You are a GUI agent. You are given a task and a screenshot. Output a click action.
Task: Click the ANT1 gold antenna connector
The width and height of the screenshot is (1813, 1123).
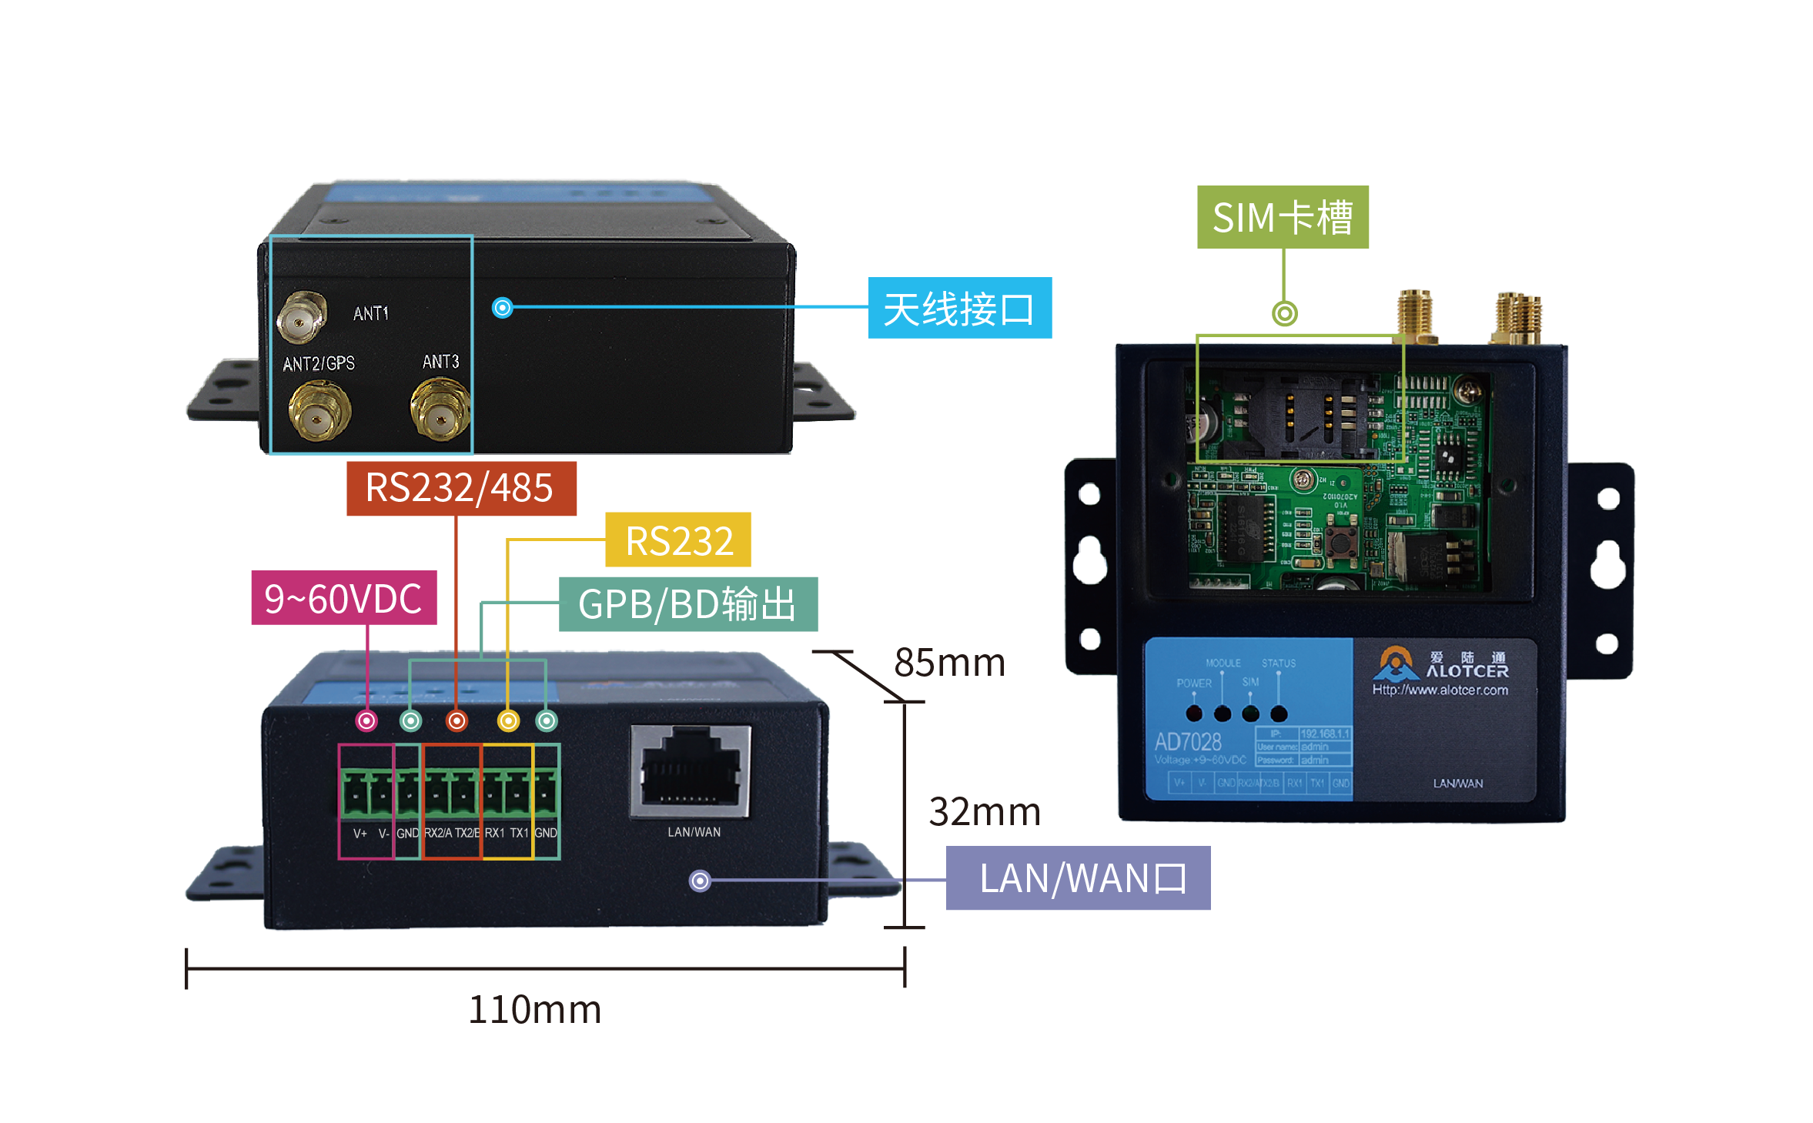click(x=301, y=316)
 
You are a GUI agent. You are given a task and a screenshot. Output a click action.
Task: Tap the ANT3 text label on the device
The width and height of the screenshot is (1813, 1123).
click(x=440, y=362)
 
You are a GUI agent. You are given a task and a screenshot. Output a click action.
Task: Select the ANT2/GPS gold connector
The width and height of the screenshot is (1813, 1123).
click(x=319, y=413)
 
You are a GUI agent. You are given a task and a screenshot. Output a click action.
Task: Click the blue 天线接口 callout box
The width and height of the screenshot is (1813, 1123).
click(x=959, y=309)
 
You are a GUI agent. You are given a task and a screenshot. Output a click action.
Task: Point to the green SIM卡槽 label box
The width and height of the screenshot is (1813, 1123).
click(x=1282, y=217)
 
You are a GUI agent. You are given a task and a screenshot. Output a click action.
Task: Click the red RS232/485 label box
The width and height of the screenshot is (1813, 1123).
click(x=460, y=488)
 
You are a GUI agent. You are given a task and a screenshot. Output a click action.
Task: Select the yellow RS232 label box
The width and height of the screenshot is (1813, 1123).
click(x=677, y=540)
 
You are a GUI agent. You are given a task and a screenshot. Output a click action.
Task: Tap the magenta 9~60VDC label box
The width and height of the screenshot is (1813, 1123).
click(x=343, y=598)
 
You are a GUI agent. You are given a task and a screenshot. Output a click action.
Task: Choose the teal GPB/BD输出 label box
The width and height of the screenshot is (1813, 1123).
click(x=687, y=604)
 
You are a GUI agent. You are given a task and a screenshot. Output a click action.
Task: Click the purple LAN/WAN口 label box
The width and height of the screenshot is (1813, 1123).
click(x=1077, y=878)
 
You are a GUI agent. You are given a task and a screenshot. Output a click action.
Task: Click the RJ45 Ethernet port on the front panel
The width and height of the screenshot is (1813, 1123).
click(x=691, y=770)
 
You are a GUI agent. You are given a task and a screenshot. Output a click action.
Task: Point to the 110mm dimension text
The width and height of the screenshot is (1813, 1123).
click(x=534, y=1009)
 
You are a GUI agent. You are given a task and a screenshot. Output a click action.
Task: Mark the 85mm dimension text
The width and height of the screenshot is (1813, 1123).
click(x=949, y=662)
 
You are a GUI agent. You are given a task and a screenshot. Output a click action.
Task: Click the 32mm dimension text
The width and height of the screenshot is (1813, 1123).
click(x=984, y=811)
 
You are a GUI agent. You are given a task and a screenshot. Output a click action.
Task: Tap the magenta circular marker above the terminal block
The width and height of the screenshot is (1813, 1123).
click(x=366, y=721)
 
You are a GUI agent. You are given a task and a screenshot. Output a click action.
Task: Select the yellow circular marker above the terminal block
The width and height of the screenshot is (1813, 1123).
click(x=508, y=721)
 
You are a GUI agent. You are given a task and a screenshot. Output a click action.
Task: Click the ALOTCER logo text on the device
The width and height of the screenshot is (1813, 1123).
click(x=1466, y=671)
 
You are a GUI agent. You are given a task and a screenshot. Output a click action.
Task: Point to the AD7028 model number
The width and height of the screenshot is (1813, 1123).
click(x=1187, y=742)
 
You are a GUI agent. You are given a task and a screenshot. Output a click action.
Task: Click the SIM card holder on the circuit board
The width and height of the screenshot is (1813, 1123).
click(x=1301, y=416)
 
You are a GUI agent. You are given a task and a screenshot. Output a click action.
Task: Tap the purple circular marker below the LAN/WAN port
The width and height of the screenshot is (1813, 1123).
click(x=700, y=881)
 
